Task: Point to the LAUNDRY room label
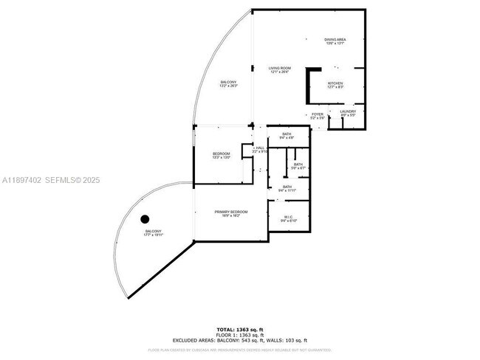click(348, 113)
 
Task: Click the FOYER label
click(317, 116)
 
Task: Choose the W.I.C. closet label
click(289, 218)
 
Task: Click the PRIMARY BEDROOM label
click(231, 213)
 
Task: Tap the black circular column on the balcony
click(145, 218)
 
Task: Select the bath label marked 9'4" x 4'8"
click(287, 136)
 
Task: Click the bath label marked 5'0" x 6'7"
click(298, 166)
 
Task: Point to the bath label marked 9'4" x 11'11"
click(287, 188)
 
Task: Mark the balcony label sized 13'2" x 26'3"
click(229, 84)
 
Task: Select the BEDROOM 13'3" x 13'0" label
click(222, 155)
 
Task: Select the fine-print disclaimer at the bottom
click(239, 349)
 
